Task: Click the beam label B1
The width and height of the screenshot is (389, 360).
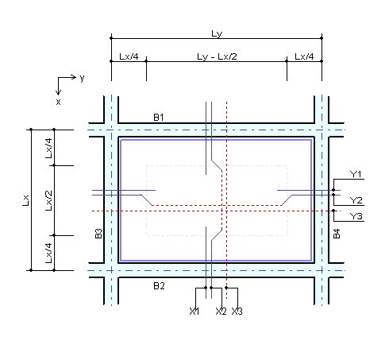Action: (x=159, y=117)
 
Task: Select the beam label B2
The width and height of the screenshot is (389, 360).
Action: (x=159, y=286)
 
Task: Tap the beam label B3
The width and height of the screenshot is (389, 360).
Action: (x=98, y=234)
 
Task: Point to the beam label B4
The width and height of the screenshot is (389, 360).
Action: (x=337, y=234)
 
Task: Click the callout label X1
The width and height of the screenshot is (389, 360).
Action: (x=194, y=311)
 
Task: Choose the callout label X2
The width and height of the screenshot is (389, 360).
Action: (x=221, y=311)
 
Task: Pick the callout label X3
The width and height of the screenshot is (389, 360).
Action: (x=237, y=311)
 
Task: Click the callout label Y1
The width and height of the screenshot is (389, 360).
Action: (x=356, y=174)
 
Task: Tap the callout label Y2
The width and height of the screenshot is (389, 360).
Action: (x=356, y=200)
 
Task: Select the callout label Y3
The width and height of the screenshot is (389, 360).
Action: (x=356, y=216)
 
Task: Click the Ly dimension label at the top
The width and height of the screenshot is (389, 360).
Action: (x=217, y=34)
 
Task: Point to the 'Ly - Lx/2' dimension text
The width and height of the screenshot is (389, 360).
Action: (x=217, y=56)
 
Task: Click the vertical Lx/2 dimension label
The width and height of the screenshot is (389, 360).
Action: (x=48, y=200)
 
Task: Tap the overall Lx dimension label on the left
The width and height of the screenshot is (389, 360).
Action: (x=25, y=200)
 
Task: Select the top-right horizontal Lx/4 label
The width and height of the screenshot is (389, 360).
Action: (x=304, y=56)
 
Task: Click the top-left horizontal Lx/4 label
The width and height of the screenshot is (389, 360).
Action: (x=129, y=56)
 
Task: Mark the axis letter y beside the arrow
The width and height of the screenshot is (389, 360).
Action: (x=82, y=78)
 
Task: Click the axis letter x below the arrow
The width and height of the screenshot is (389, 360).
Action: (x=58, y=102)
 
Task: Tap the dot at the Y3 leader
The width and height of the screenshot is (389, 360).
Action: (x=333, y=211)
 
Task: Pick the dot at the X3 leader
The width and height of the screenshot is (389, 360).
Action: (x=226, y=288)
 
